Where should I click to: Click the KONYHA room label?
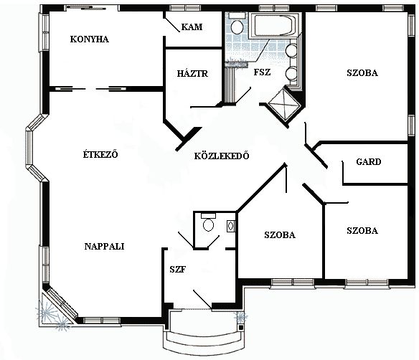(89, 39)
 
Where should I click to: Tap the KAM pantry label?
(192, 27)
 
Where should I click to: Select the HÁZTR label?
(192, 73)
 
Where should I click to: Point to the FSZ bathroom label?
(262, 72)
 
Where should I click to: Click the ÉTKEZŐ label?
(100, 154)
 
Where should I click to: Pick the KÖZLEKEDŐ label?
(222, 156)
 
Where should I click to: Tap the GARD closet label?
(369, 161)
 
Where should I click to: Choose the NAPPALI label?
(104, 246)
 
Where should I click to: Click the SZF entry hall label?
(177, 270)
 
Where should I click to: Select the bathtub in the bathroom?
(273, 26)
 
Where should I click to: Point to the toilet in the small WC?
(209, 222)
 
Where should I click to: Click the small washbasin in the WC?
(231, 226)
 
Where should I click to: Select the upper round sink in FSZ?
(291, 51)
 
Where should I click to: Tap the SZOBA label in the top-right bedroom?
(362, 73)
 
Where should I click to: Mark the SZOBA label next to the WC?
(280, 235)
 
